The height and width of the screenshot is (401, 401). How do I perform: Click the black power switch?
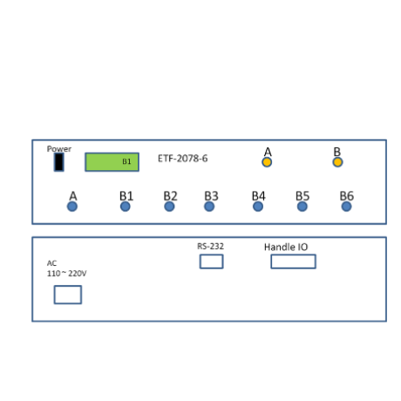coord(58,162)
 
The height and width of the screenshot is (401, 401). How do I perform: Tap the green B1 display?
coord(112,162)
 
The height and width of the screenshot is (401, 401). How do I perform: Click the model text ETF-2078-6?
coord(182,159)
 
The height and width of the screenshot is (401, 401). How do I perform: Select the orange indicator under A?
coord(267,162)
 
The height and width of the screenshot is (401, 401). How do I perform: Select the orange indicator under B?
coord(337,162)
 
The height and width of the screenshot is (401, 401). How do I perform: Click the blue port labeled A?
coord(72,207)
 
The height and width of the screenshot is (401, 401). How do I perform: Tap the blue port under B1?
coord(126,207)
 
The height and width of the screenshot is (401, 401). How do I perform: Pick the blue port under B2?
coord(169,207)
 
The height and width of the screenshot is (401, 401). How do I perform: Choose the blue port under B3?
coord(209,207)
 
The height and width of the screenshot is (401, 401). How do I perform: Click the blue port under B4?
coord(258,207)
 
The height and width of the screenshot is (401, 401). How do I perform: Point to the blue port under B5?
coord(302,207)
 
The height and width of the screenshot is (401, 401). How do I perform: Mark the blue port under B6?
coord(346,207)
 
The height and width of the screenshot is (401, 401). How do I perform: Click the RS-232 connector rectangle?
coord(211,262)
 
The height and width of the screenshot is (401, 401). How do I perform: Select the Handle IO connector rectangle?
coord(293,262)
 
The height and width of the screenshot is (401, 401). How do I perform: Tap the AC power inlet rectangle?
coord(68,295)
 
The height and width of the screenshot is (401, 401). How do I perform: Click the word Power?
coord(59,149)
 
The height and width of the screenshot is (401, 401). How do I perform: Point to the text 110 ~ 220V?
coord(67,274)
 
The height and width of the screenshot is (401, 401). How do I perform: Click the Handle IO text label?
coord(286,247)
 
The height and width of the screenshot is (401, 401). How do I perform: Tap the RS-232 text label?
coord(210,247)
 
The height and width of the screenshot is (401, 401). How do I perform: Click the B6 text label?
coord(347,196)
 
